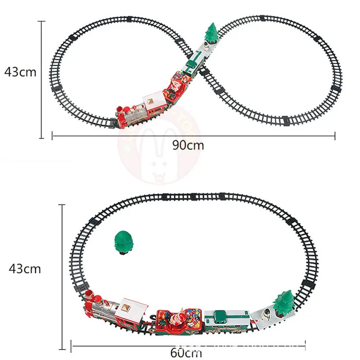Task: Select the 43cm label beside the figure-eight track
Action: pyautogui.click(x=20, y=72)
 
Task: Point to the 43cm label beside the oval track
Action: pyautogui.click(x=25, y=269)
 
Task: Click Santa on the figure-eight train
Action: pyautogui.click(x=176, y=85)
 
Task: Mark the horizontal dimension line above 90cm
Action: pyautogui.click(x=193, y=135)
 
